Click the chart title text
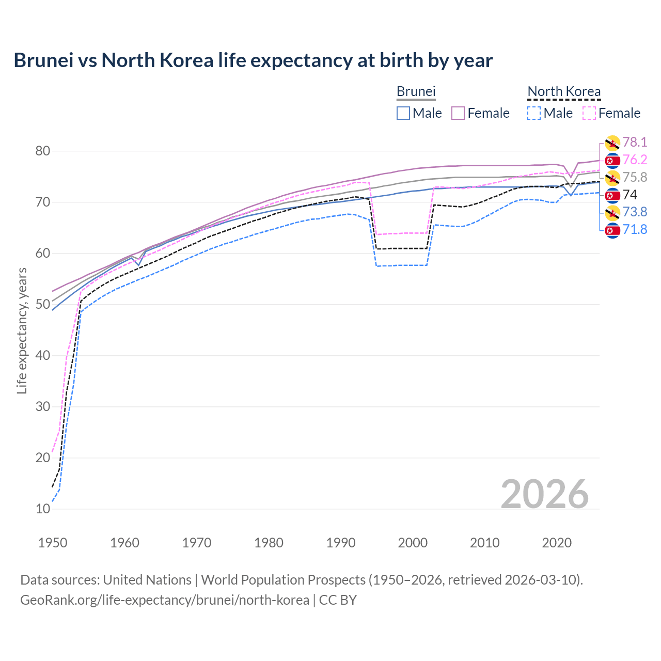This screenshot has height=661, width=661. pyautogui.click(x=253, y=60)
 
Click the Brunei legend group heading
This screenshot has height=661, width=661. pyautogui.click(x=416, y=92)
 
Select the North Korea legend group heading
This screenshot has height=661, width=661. pyautogui.click(x=564, y=92)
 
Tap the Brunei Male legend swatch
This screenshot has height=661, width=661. pyautogui.click(x=403, y=113)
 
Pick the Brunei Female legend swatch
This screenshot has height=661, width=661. pyautogui.click(x=458, y=113)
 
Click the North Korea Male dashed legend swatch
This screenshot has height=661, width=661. pyautogui.click(x=534, y=113)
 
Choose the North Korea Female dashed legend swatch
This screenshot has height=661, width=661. pyautogui.click(x=589, y=113)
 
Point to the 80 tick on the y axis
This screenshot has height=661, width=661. pyautogui.click(x=43, y=151)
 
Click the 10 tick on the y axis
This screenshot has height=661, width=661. pyautogui.click(x=43, y=509)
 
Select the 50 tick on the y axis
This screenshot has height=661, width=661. pyautogui.click(x=43, y=305)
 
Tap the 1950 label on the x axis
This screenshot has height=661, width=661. pyautogui.click(x=53, y=543)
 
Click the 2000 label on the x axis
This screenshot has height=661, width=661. pyautogui.click(x=413, y=543)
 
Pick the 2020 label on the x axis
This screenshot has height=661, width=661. pyautogui.click(x=557, y=543)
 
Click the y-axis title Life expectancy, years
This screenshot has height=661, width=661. pyautogui.click(x=22, y=330)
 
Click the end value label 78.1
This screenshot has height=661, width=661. pyautogui.click(x=635, y=143)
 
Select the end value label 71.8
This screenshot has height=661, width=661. pyautogui.click(x=635, y=230)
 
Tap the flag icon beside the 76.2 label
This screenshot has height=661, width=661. pyautogui.click(x=612, y=161)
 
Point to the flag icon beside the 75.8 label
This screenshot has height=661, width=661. pyautogui.click(x=612, y=178)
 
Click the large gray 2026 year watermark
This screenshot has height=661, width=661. pyautogui.click(x=544, y=494)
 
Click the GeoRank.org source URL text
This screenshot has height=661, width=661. pyautogui.click(x=164, y=600)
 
